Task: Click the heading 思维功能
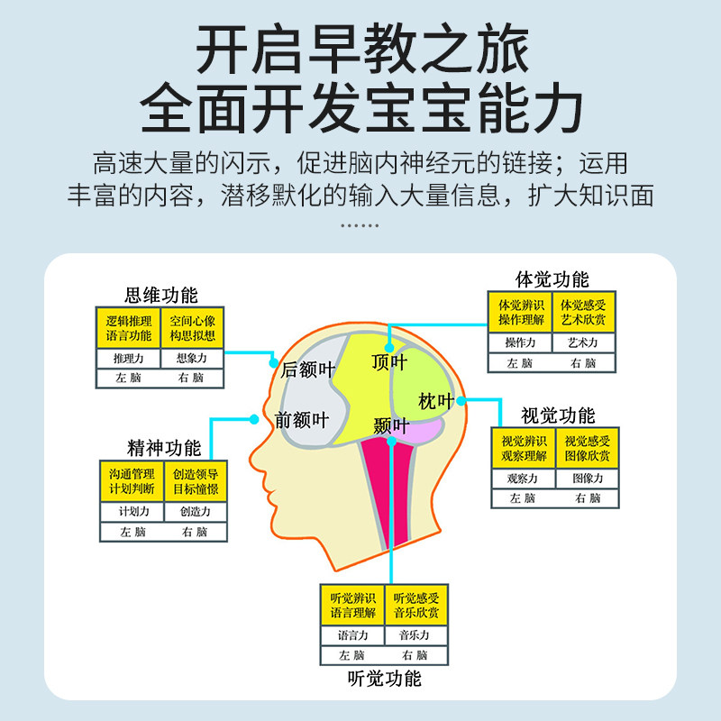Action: pos(160,296)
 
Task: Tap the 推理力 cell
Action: pos(128,359)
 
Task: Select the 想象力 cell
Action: pos(191,359)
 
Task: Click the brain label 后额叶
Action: pos(306,370)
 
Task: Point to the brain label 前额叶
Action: pos(302,419)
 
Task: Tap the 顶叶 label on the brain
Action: pos(389,362)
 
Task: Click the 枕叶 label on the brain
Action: pos(436,401)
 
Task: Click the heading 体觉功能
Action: pos(552,279)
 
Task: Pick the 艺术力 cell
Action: pos(583,343)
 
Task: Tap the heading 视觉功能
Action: pos(558,416)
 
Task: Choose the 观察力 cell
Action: pos(523,479)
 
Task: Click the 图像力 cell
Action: pos(588,479)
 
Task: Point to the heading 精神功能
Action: pos(163,448)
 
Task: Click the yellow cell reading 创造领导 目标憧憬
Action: pos(196,482)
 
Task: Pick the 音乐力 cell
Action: pos(415,635)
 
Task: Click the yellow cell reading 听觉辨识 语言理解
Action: pos(352,606)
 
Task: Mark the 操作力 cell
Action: pos(520,343)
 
